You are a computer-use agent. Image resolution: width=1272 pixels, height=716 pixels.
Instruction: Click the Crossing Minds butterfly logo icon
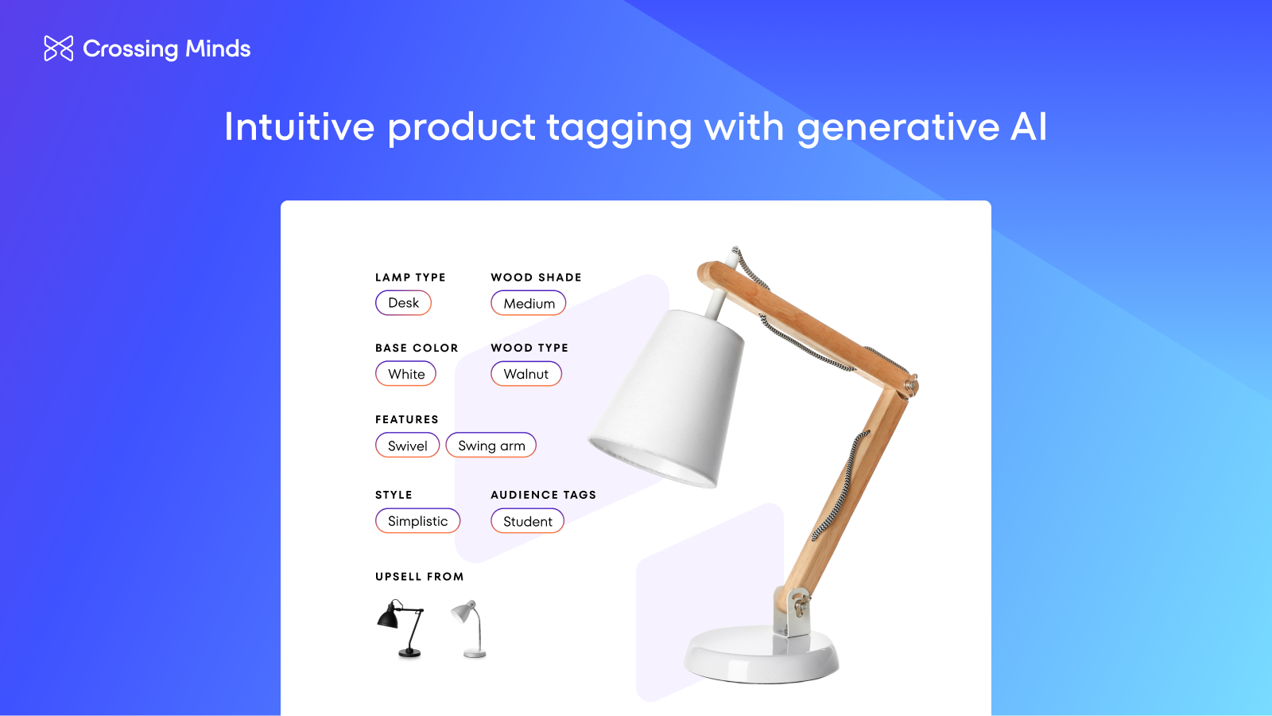tap(59, 49)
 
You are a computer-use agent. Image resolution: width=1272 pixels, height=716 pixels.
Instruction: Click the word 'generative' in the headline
tap(898, 127)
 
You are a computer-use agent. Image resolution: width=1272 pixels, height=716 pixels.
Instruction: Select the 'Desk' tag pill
tap(403, 303)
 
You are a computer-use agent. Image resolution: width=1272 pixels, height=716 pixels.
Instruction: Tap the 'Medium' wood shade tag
tap(529, 303)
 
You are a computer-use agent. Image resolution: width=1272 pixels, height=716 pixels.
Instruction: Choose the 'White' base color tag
tap(405, 374)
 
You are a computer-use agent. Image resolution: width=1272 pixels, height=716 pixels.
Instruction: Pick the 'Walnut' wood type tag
tap(526, 374)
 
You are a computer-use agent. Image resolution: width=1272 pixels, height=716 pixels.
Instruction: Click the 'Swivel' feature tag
tap(407, 446)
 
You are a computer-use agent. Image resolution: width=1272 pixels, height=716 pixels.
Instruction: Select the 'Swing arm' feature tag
tap(491, 446)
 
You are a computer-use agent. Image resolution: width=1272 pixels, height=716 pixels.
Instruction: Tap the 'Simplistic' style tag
tap(417, 521)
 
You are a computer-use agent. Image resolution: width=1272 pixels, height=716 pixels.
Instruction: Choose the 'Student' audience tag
tap(527, 521)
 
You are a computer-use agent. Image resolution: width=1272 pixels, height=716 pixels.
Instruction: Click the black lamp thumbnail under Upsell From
tap(401, 628)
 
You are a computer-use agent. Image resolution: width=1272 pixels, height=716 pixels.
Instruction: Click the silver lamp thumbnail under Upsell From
tap(470, 628)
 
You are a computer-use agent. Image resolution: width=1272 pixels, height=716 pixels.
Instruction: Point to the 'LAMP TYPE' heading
tap(410, 278)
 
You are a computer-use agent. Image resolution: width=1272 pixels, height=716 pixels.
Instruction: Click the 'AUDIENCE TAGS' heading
tap(543, 495)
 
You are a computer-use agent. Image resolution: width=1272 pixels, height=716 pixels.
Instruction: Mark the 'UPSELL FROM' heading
tap(419, 577)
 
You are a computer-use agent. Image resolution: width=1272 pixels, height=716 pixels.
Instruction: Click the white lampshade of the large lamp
tap(672, 398)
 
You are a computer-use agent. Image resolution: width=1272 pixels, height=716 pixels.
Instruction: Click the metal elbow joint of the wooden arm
tap(911, 387)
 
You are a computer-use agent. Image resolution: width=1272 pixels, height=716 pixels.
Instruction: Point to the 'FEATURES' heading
tap(406, 419)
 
